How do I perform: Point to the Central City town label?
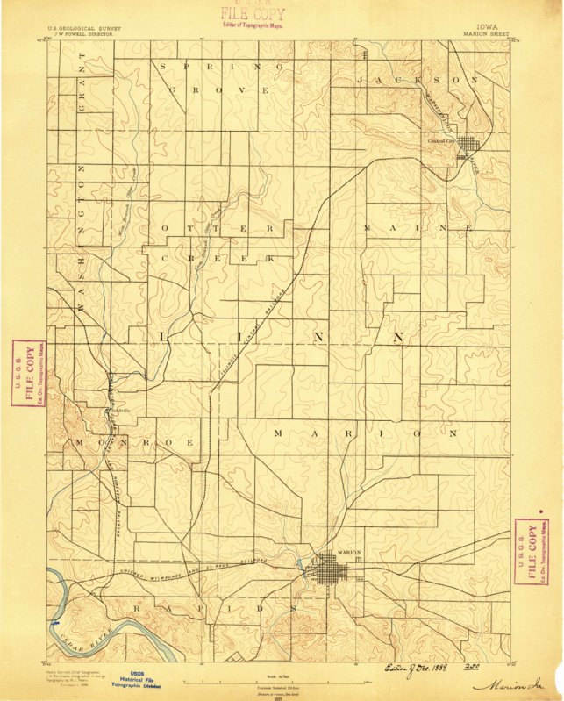pyautogui.click(x=441, y=140)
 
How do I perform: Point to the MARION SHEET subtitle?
pyautogui.click(x=488, y=37)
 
